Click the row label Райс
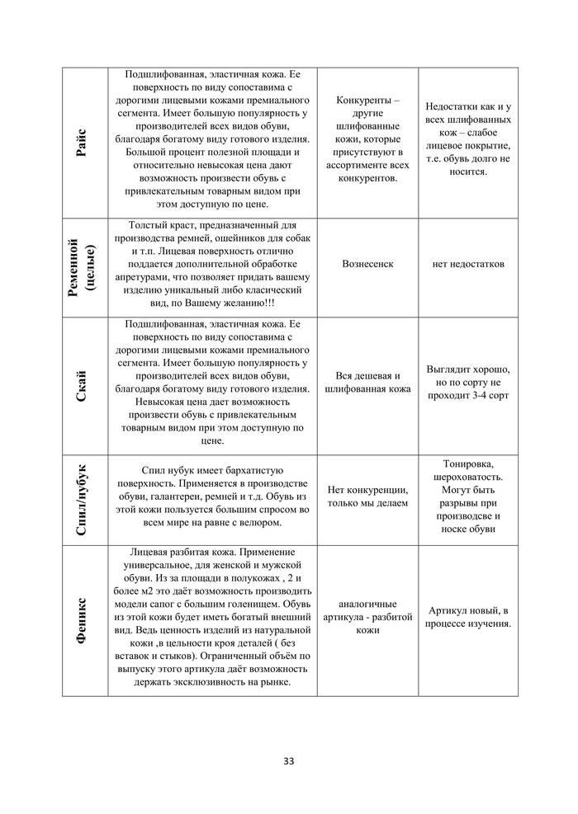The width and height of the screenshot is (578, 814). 83,143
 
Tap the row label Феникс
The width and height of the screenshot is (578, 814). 83,619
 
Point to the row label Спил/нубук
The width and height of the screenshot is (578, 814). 83,499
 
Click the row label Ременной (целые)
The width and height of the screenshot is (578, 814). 83,266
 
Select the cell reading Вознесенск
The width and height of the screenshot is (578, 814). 366,264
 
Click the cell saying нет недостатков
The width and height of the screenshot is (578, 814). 467,264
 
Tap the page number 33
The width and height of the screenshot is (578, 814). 288,760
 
